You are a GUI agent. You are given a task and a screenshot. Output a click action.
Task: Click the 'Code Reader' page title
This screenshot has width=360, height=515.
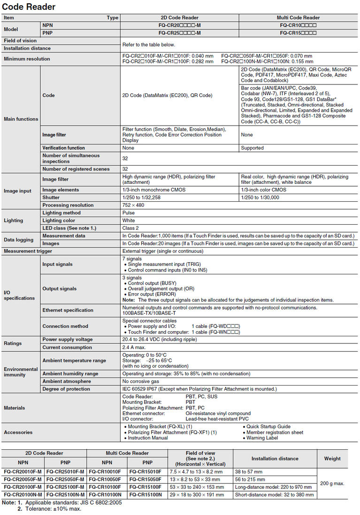click(x=29, y=7)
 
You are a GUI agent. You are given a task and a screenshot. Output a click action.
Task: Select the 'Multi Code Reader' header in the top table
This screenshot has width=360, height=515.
click(x=298, y=18)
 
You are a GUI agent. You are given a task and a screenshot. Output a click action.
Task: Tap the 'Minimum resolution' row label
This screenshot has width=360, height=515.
click(x=27, y=59)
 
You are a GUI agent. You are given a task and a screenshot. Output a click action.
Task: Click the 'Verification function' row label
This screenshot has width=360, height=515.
click(x=63, y=148)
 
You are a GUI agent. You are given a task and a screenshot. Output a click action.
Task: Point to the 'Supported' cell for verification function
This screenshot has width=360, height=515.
click(x=253, y=148)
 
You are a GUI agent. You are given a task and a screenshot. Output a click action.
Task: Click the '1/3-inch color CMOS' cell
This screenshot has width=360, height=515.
click(x=264, y=190)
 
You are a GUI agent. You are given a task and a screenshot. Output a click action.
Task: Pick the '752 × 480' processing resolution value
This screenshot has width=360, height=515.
click(x=134, y=205)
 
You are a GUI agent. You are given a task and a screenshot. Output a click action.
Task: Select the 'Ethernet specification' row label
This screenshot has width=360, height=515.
click(x=68, y=310)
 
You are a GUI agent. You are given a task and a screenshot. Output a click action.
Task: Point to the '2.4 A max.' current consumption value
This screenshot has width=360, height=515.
click(x=135, y=348)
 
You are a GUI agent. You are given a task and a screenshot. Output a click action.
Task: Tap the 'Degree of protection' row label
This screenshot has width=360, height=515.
click(x=66, y=389)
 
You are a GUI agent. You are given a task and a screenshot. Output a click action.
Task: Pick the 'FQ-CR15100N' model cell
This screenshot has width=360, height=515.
click(x=145, y=495)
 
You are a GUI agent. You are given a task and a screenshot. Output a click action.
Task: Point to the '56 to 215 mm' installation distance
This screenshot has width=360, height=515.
click(x=250, y=480)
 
